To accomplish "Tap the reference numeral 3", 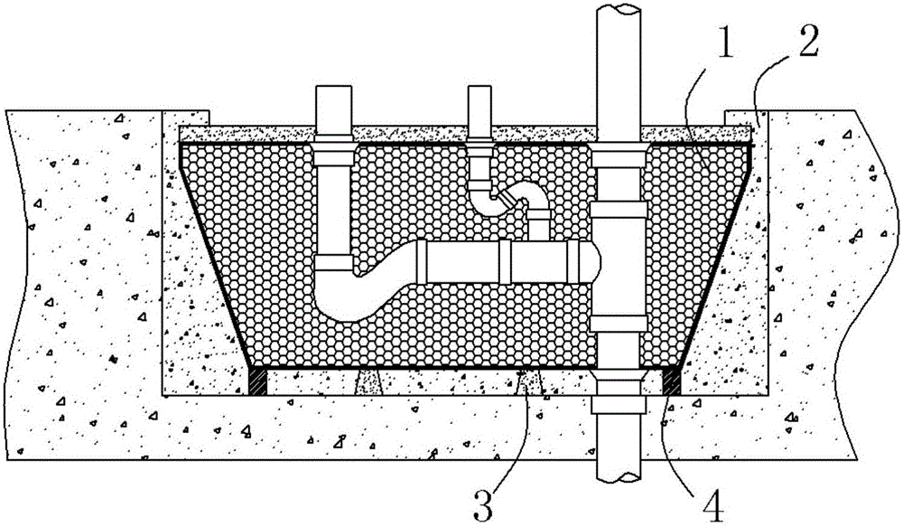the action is click(482, 505).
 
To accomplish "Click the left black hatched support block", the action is click(258, 381).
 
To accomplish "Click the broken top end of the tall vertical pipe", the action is click(619, 8).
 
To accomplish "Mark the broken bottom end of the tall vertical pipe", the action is click(619, 476).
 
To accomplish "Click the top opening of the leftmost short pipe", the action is click(334, 87).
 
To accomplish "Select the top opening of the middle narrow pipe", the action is click(479, 87).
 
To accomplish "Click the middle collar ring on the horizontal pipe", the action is click(505, 262).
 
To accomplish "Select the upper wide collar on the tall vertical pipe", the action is click(619, 209).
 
